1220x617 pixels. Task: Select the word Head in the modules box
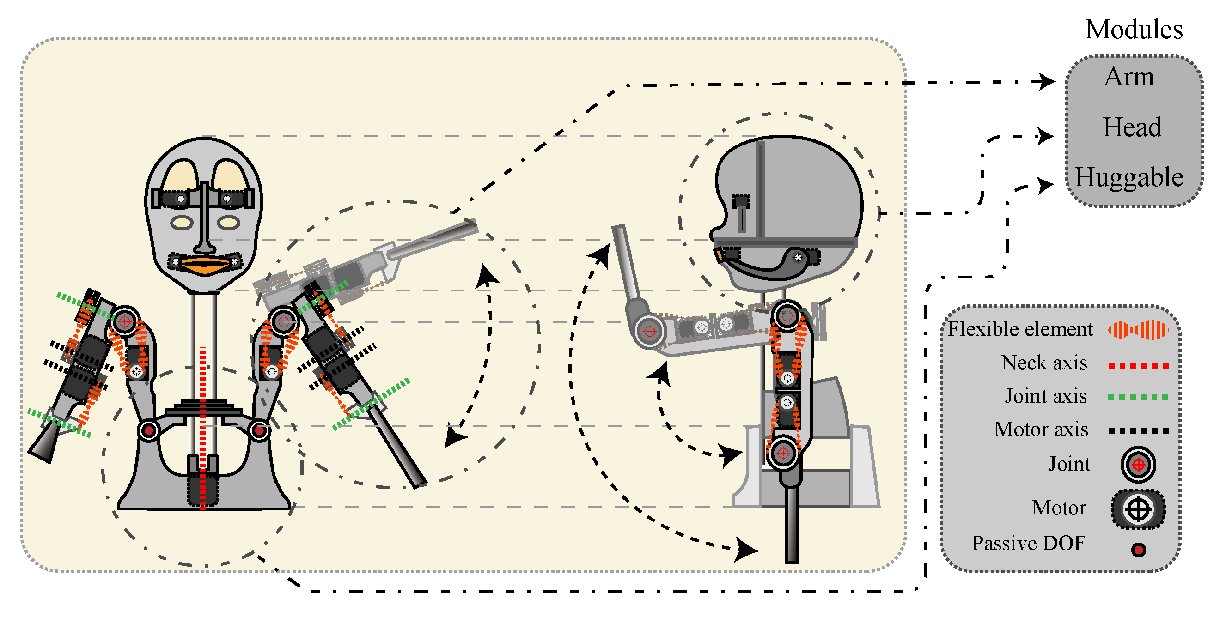[1131, 127]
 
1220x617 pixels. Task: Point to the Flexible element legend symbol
[1138, 330]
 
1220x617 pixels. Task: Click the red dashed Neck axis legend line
[1138, 365]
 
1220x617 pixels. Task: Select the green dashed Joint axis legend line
[1138, 397]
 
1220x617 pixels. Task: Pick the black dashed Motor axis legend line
[1138, 430]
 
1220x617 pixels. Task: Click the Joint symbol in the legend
[1138, 465]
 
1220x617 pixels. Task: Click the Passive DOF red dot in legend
[1139, 550]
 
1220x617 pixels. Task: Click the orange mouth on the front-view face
[205, 266]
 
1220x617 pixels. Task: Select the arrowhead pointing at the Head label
[1044, 136]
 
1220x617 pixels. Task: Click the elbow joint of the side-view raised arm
[649, 331]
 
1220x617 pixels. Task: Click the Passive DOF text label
[1028, 544]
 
